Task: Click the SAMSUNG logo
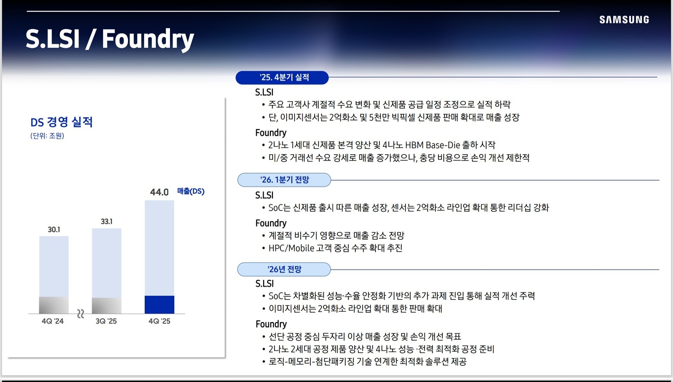coord(624,20)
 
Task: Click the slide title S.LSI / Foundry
coord(110,39)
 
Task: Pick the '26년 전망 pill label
coord(284,269)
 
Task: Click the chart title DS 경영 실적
coord(61,122)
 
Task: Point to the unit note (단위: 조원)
coord(47,136)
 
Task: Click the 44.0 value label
coord(159,192)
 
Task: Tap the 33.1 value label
coord(107,222)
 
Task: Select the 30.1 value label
coord(54,230)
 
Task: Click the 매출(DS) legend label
coord(191,191)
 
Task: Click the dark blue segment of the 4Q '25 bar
coord(159,304)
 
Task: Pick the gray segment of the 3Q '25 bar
coord(107,306)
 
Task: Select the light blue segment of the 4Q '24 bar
coord(54,267)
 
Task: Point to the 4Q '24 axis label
coord(53,321)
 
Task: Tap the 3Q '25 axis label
coord(106,321)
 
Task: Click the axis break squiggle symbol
coord(81,314)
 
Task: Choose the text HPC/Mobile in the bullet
coord(291,248)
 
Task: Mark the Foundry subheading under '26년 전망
coord(271,324)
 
